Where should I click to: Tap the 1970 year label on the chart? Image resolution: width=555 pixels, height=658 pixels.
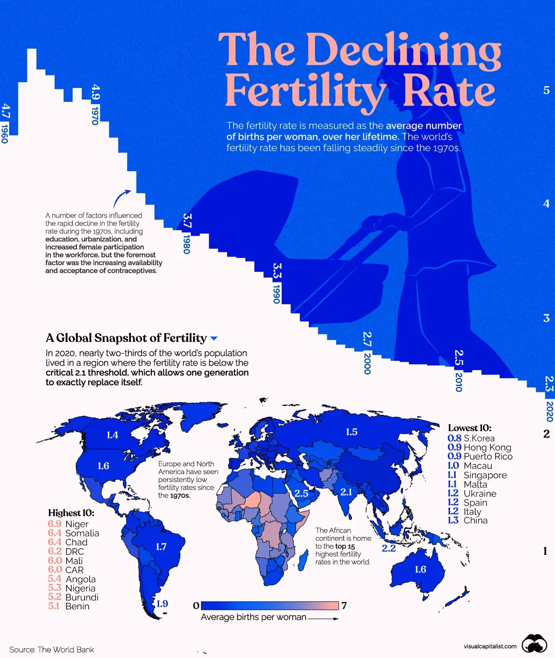click(95, 115)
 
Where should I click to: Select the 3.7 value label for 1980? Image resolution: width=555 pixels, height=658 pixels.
click(187, 221)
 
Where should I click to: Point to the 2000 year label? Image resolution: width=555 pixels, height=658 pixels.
click(367, 363)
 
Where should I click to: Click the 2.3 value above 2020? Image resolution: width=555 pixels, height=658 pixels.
click(549, 384)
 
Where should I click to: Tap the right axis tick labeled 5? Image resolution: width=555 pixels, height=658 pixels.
click(546, 90)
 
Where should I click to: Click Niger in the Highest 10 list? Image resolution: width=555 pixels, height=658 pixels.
click(77, 524)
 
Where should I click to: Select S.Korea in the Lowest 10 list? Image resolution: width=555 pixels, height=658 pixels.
click(479, 438)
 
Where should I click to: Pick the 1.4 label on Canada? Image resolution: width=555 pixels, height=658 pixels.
click(112, 435)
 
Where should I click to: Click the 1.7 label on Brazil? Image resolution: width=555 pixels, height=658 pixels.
click(161, 547)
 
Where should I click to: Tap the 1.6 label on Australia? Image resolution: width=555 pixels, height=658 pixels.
click(420, 570)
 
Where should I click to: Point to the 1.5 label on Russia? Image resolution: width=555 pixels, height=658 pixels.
click(351, 432)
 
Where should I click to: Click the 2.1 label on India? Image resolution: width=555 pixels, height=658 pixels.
click(346, 492)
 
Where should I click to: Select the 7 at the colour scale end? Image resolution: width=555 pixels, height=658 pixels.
click(344, 606)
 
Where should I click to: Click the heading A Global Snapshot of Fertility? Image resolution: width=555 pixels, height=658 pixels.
click(126, 338)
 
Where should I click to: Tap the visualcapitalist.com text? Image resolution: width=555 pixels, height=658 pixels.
click(490, 646)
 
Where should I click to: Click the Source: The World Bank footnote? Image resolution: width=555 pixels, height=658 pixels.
click(52, 650)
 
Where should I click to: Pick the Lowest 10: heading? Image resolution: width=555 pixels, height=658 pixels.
click(469, 428)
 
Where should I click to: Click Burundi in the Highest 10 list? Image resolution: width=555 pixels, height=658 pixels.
click(82, 597)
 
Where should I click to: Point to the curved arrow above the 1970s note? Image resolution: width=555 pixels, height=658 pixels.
click(122, 199)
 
